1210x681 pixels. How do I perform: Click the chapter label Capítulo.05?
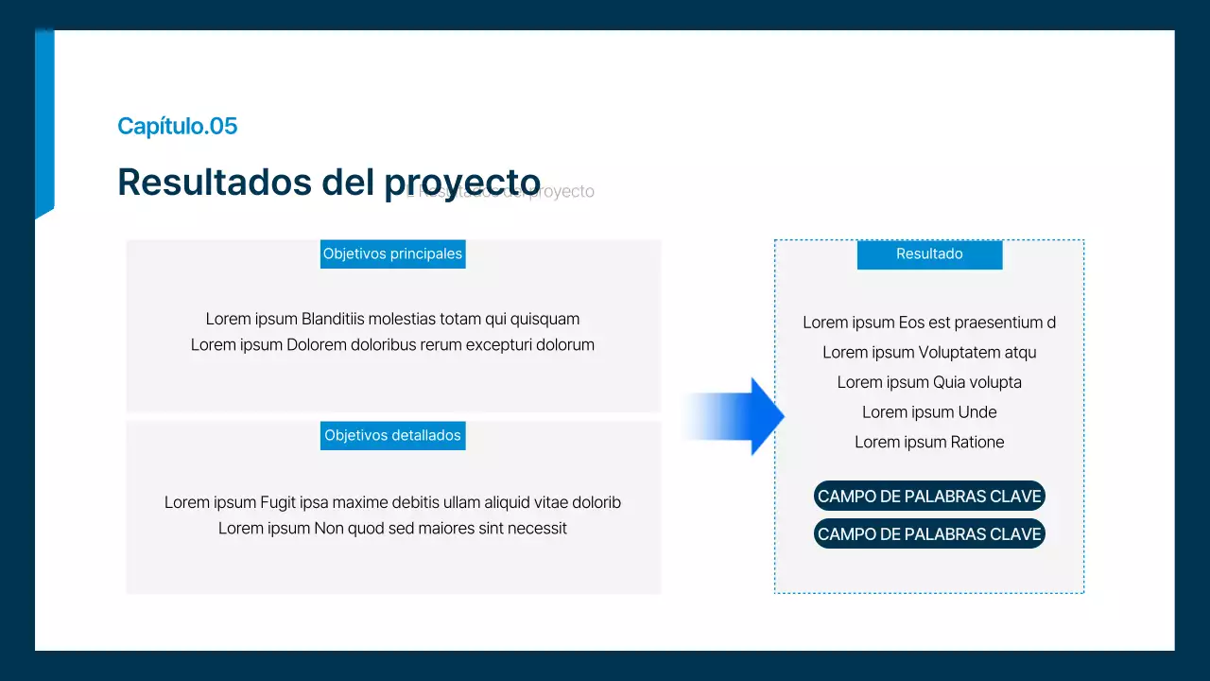(x=177, y=126)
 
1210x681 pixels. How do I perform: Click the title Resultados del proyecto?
(x=328, y=182)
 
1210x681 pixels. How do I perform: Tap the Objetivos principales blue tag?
(x=392, y=253)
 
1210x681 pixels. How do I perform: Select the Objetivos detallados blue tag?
(x=392, y=435)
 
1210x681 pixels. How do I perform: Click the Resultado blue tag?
(x=929, y=253)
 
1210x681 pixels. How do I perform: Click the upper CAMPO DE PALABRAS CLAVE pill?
(x=929, y=497)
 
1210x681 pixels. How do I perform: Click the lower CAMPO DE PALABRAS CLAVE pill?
(x=929, y=534)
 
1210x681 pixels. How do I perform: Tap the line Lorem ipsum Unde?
(x=929, y=412)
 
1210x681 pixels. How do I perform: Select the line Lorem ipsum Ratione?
(x=929, y=442)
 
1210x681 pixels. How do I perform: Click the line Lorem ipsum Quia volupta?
(x=929, y=382)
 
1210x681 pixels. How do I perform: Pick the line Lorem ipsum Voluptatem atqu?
(x=929, y=353)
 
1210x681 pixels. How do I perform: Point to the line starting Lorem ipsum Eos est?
(x=929, y=323)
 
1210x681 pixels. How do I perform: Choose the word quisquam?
(x=545, y=319)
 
